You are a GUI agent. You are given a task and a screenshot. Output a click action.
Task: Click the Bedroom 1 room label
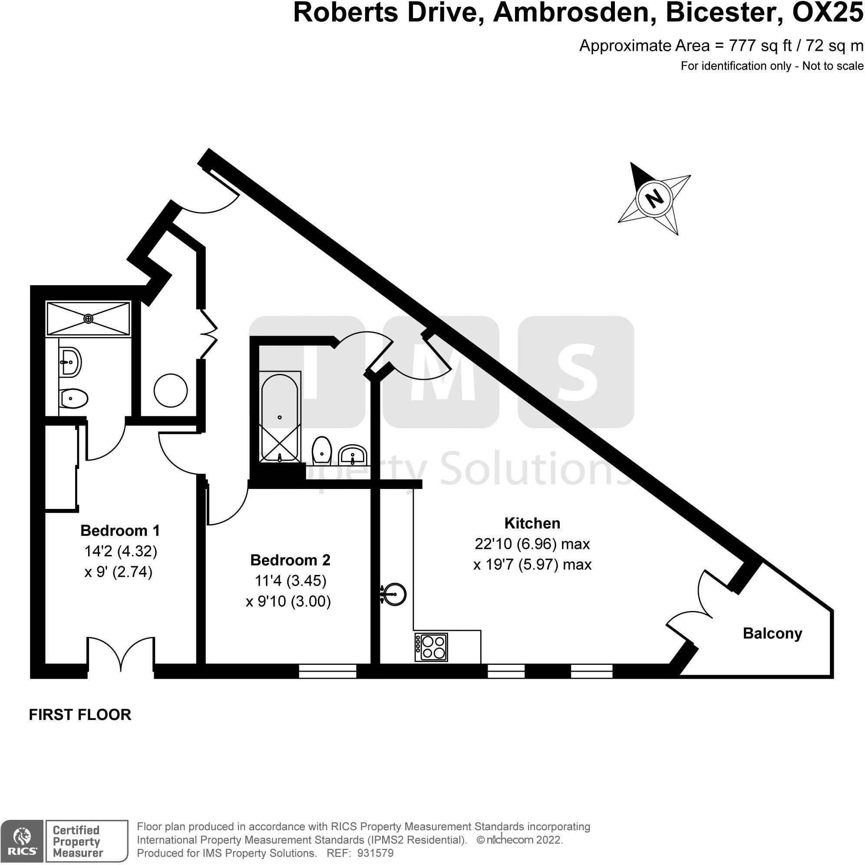120,531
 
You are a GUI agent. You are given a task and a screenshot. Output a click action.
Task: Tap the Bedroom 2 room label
290,560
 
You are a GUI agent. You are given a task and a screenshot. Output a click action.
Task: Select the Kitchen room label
532,523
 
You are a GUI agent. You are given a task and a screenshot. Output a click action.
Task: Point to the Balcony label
773,634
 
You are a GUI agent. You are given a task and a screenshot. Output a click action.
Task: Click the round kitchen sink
394,594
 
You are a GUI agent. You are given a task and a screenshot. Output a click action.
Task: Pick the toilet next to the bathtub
322,450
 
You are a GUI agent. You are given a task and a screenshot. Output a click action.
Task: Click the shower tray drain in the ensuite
89,318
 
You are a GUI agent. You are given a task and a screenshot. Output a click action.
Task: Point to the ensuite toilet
73,398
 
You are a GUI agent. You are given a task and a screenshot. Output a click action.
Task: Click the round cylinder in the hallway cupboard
171,390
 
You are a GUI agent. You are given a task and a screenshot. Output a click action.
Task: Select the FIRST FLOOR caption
80,715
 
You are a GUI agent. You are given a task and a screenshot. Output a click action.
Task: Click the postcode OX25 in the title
828,13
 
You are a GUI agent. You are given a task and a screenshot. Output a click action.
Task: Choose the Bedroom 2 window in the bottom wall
328,672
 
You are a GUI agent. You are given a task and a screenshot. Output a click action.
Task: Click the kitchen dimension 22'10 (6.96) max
532,544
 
